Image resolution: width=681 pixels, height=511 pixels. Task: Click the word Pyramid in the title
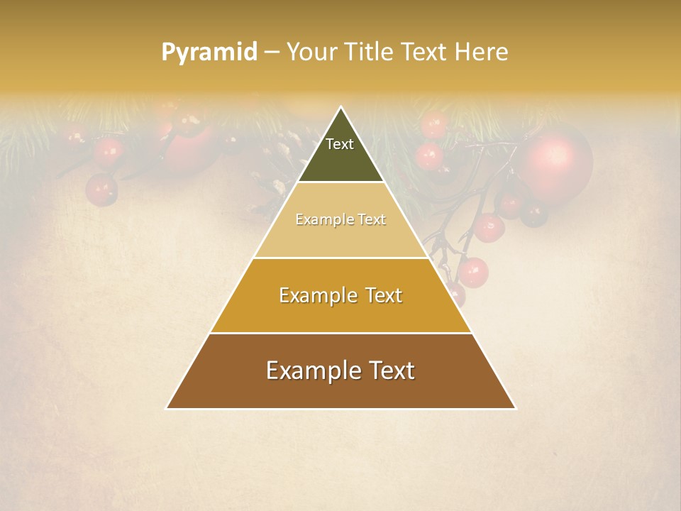tap(209, 53)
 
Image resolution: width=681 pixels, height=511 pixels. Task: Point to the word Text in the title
tap(428, 52)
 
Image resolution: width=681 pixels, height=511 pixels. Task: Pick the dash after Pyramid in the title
tap(272, 53)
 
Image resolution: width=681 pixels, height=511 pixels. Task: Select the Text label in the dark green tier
tap(340, 144)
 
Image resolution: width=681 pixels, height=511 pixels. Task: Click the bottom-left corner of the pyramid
tap(167, 408)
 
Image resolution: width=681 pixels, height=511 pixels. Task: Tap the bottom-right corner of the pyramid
tap(514, 408)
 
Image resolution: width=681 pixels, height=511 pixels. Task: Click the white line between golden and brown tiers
tap(340, 333)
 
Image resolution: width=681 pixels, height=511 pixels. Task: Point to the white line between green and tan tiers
tap(340, 182)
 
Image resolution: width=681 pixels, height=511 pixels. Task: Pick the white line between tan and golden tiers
tap(340, 258)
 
